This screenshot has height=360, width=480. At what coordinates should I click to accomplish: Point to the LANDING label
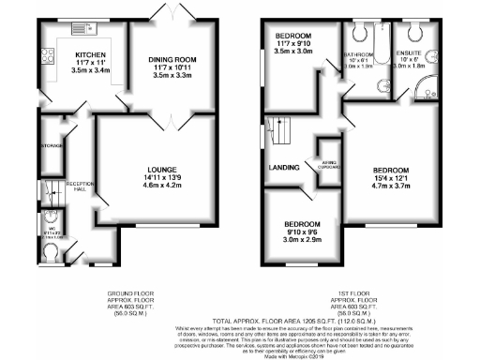point(283,168)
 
